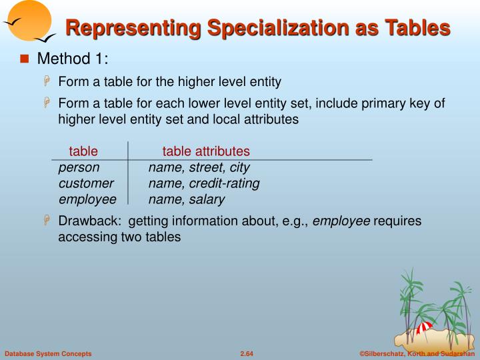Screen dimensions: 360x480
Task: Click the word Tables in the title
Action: [418, 28]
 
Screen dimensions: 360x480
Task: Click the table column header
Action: [83, 151]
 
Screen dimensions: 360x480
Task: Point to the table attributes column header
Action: [206, 151]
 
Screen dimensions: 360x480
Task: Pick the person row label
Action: [79, 167]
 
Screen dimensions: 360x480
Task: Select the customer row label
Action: [86, 183]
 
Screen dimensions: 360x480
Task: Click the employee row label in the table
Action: [87, 199]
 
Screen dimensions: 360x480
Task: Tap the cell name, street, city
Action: [199, 167]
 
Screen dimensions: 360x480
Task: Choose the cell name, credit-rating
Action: [204, 183]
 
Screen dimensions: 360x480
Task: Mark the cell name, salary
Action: [187, 199]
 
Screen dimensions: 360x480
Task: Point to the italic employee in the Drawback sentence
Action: [341, 221]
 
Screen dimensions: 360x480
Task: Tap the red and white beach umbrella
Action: [423, 327]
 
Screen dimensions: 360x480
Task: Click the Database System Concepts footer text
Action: [48, 353]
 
